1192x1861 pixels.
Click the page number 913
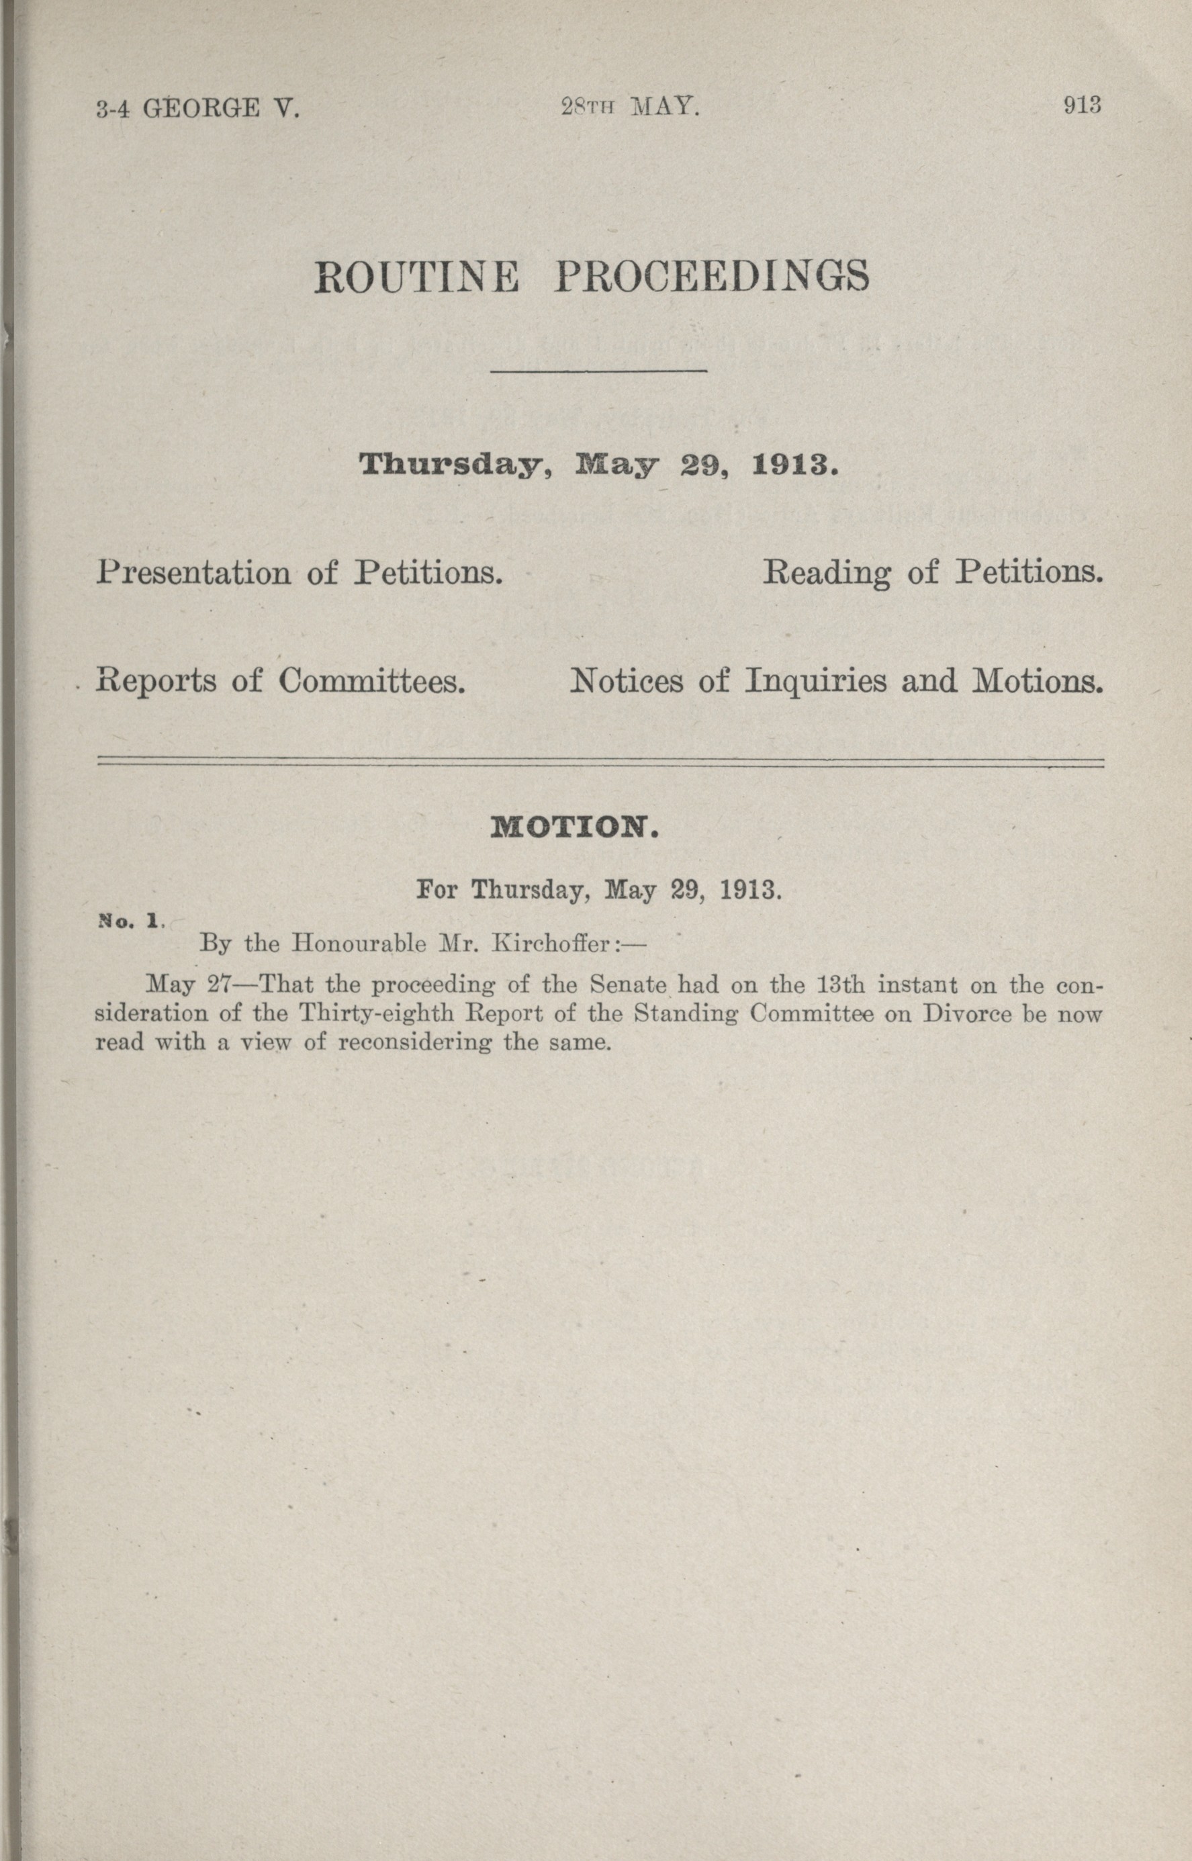tap(1082, 105)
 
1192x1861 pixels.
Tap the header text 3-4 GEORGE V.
tap(197, 108)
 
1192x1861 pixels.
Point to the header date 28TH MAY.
tap(630, 107)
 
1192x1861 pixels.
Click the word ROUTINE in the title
tap(416, 277)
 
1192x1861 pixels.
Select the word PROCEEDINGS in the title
tap(712, 277)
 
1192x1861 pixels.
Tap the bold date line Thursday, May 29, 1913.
tap(599, 465)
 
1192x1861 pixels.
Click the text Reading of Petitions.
tap(933, 572)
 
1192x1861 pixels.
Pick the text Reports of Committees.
tap(280, 680)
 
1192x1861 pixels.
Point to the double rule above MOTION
tap(600, 764)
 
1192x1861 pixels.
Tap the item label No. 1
tap(129, 921)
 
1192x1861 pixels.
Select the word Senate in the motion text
tap(628, 985)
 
